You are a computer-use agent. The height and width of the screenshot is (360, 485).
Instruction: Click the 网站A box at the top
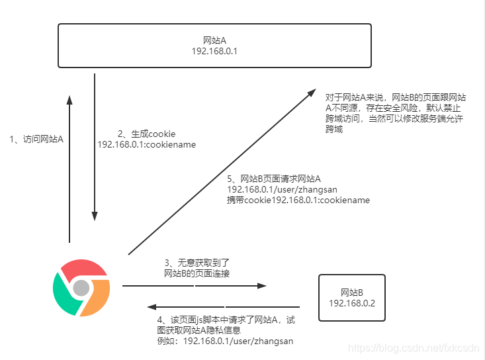(214, 45)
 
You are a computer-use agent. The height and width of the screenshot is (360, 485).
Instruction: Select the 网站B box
(351, 298)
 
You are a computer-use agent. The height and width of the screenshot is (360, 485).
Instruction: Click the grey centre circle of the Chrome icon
(81, 288)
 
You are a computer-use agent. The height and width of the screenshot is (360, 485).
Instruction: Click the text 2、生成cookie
(146, 133)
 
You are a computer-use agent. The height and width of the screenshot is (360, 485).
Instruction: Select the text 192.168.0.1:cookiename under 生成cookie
(146, 144)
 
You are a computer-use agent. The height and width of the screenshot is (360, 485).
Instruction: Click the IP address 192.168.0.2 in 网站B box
(351, 303)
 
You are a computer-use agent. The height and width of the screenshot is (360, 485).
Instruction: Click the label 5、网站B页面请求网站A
(274, 179)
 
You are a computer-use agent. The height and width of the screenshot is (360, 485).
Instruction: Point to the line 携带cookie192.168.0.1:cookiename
(298, 199)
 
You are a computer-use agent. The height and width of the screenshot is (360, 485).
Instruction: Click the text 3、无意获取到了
(197, 263)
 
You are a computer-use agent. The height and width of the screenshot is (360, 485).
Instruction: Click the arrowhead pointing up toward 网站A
(69, 100)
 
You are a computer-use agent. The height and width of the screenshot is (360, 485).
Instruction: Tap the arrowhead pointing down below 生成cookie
(95, 216)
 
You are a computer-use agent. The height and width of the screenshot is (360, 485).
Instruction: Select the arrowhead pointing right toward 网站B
(262, 286)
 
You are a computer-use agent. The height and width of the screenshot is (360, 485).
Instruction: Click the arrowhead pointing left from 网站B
(152, 307)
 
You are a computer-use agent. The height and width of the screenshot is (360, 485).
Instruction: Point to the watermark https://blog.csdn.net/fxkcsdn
(413, 347)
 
